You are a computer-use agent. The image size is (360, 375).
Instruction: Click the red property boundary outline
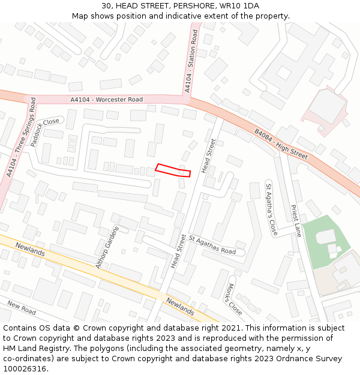(173, 170)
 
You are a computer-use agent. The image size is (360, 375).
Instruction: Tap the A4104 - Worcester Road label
(106, 100)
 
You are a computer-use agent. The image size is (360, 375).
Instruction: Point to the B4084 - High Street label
(281, 144)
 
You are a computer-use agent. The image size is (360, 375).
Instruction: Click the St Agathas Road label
(212, 244)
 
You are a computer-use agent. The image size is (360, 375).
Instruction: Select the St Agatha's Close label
(271, 208)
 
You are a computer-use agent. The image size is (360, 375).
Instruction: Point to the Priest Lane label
(296, 221)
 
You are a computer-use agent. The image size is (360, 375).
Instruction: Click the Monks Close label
(235, 299)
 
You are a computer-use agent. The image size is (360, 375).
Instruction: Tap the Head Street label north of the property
(209, 156)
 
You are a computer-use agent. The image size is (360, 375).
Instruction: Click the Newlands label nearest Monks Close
(180, 307)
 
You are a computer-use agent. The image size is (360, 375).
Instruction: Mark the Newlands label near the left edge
(30, 250)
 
